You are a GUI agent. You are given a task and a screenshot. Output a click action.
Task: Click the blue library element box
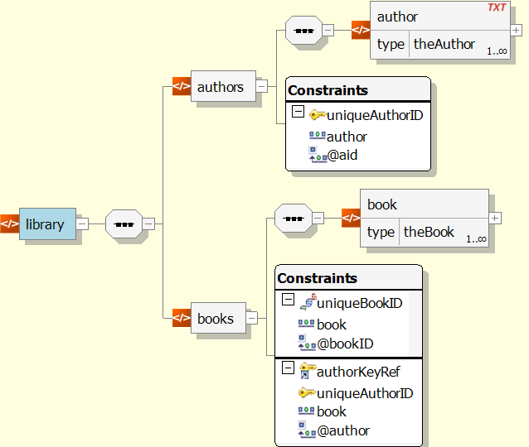(47, 223)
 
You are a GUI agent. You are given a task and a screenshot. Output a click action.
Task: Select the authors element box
(220, 86)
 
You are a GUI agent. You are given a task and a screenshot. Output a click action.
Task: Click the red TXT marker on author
(497, 7)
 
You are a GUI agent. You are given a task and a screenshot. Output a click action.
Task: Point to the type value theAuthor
(444, 45)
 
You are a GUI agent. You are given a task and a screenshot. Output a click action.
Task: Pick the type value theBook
(429, 232)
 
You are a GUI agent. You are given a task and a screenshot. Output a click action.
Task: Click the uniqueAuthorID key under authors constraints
(374, 115)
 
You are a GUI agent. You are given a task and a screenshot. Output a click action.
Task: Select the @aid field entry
(342, 154)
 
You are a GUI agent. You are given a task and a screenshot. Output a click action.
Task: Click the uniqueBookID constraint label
(359, 303)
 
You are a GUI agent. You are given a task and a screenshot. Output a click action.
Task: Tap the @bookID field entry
(345, 343)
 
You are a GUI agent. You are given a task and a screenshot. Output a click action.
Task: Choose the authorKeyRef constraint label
(358, 372)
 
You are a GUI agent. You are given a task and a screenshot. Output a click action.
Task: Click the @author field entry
(343, 430)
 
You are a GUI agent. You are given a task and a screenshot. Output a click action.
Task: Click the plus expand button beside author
(517, 31)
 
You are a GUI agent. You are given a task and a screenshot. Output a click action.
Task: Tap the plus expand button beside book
(495, 218)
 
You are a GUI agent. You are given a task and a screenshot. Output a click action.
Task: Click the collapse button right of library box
(83, 223)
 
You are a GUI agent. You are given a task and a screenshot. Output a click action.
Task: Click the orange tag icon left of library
(9, 223)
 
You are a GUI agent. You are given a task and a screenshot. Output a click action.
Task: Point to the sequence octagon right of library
(124, 223)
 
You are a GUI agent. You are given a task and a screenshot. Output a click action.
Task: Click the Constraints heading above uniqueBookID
(317, 278)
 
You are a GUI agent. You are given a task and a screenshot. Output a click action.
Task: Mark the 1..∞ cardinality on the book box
(476, 239)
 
